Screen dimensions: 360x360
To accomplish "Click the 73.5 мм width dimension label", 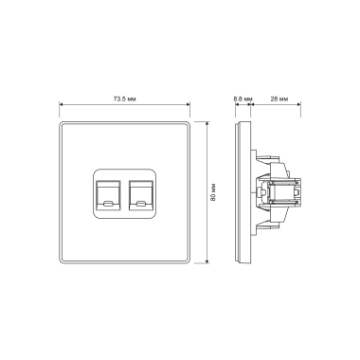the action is [x=124, y=99].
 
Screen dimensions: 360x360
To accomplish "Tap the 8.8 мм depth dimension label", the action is [x=243, y=99].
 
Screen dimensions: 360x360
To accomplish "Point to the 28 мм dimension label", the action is [x=279, y=99].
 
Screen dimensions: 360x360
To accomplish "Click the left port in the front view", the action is [x=108, y=195].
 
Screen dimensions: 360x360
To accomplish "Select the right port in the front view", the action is [x=141, y=195].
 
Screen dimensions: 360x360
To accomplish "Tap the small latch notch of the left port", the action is [x=108, y=203].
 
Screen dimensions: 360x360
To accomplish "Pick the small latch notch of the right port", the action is [x=141, y=203].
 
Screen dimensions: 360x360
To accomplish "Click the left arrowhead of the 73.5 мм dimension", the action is [x=62, y=104].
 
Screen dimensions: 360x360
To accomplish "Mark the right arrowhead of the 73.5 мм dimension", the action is [x=188, y=104].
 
